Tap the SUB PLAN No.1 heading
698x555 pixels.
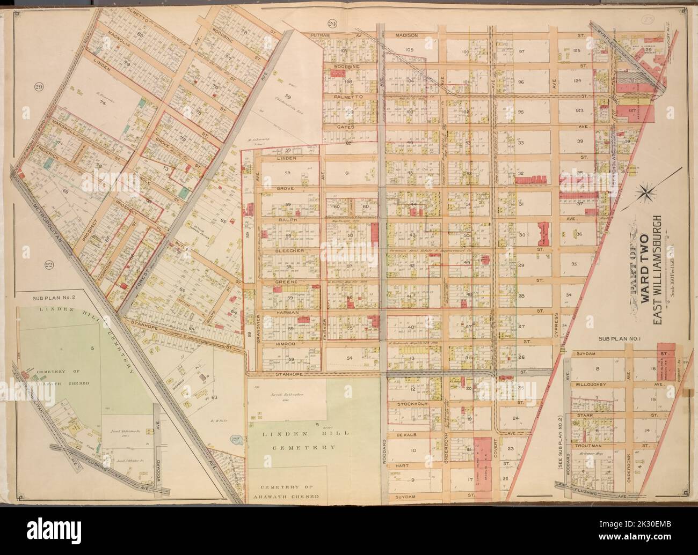(x=617, y=339)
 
